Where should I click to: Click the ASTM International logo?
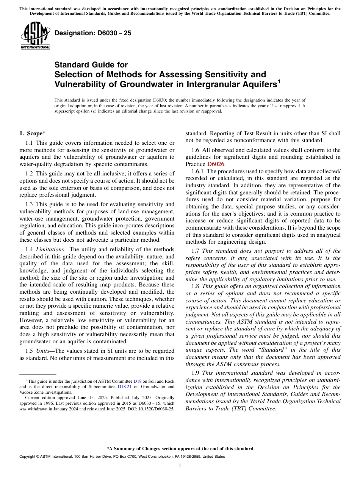(35, 36)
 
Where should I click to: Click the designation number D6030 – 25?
(93, 33)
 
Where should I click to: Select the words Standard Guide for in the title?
(91, 65)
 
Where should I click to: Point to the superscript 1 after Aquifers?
(279, 81)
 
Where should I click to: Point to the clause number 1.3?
(30, 204)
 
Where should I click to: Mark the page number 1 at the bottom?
(180, 465)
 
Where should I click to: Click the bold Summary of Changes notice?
(180, 449)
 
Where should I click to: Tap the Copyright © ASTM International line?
(122, 457)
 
